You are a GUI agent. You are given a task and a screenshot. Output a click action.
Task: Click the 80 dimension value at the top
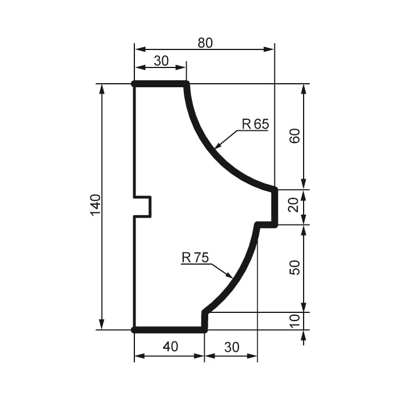205,42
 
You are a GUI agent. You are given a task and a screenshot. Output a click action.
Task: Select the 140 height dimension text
96,205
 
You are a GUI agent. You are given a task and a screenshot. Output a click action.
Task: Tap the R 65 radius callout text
255,124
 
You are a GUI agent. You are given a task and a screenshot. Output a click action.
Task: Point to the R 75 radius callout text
195,257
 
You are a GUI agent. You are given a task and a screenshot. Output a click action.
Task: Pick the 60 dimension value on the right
295,136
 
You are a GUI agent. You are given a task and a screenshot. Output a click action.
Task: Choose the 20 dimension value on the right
295,206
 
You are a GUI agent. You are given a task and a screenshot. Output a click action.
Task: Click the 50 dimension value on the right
295,268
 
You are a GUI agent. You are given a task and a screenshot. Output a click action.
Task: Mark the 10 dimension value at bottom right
295,320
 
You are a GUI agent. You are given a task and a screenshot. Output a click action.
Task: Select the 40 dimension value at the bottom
170,347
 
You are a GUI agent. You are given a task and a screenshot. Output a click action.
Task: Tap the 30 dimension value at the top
161,60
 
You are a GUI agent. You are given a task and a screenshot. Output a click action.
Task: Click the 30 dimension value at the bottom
231,347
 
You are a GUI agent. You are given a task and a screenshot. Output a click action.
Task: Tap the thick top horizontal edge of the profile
161,84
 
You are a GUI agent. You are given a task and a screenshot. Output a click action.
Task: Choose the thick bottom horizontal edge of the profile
169,330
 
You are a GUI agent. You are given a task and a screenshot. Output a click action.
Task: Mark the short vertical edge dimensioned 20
275,206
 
